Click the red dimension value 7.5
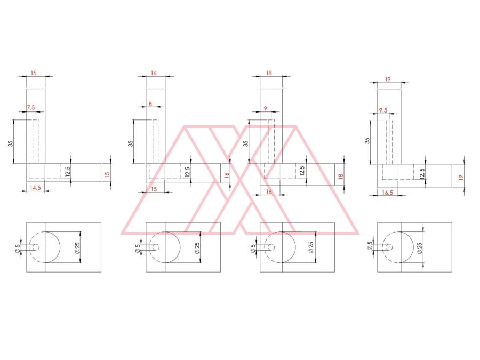31,107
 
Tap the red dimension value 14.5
35,188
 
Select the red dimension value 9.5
383,110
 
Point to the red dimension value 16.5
387,193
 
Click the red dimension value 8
150,104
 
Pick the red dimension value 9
265,108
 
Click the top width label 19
388,79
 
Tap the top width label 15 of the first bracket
34,73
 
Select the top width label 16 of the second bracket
154,73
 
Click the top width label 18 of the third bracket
269,73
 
